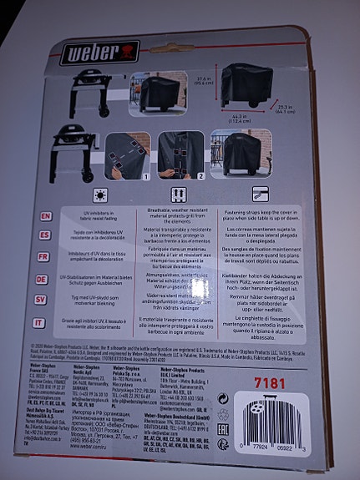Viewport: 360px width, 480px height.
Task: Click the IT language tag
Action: point(42,321)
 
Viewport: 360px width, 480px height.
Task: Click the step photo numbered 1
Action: point(127,155)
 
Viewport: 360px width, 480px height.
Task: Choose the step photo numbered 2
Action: point(180,155)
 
